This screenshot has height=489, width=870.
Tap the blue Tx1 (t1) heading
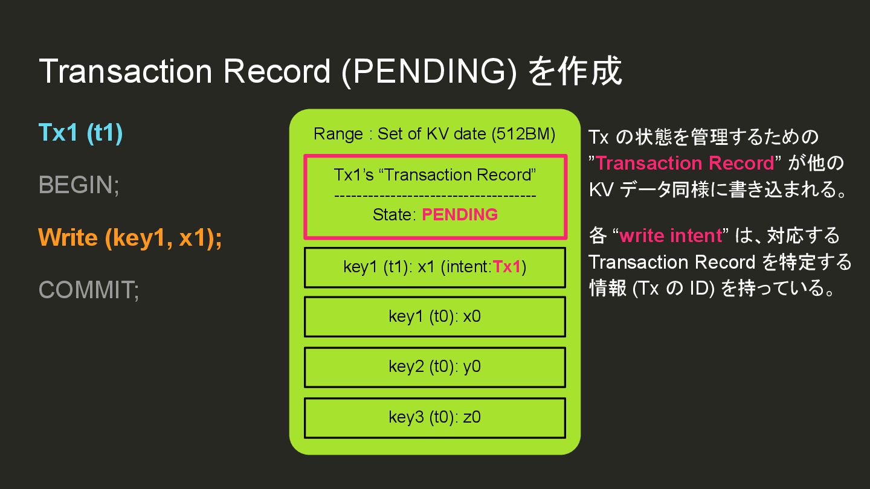80,132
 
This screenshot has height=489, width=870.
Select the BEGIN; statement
79,185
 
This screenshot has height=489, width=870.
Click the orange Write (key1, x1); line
130,237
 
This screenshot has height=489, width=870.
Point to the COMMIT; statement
89,290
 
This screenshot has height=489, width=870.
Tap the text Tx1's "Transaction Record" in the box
435,175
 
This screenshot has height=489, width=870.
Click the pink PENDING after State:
460,215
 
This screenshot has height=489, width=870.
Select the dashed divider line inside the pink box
435,195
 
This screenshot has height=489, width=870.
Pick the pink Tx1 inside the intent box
507,267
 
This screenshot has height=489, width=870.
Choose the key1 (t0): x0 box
435,317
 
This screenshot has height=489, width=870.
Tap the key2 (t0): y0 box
435,367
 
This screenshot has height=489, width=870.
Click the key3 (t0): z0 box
435,417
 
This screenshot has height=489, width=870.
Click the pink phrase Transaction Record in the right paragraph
685,163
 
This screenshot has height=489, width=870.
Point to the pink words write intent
671,235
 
